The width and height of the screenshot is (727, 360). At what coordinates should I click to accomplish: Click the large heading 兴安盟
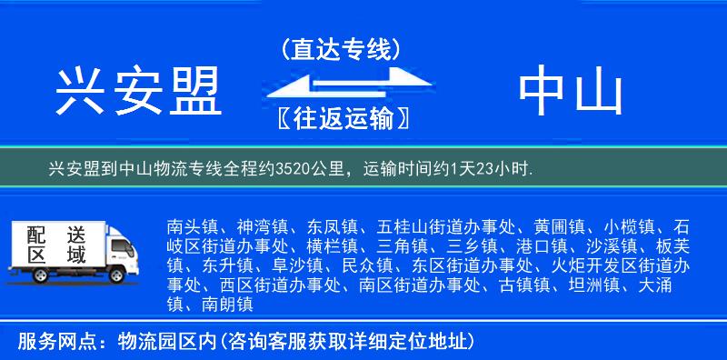coord(139,92)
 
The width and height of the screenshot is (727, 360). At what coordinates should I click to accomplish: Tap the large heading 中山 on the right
coord(570,92)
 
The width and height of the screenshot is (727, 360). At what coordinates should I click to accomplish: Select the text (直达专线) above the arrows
coord(341,48)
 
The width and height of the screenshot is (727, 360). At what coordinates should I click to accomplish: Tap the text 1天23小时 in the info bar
coord(498,169)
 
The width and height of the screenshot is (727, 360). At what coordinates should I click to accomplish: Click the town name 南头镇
coord(192,225)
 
